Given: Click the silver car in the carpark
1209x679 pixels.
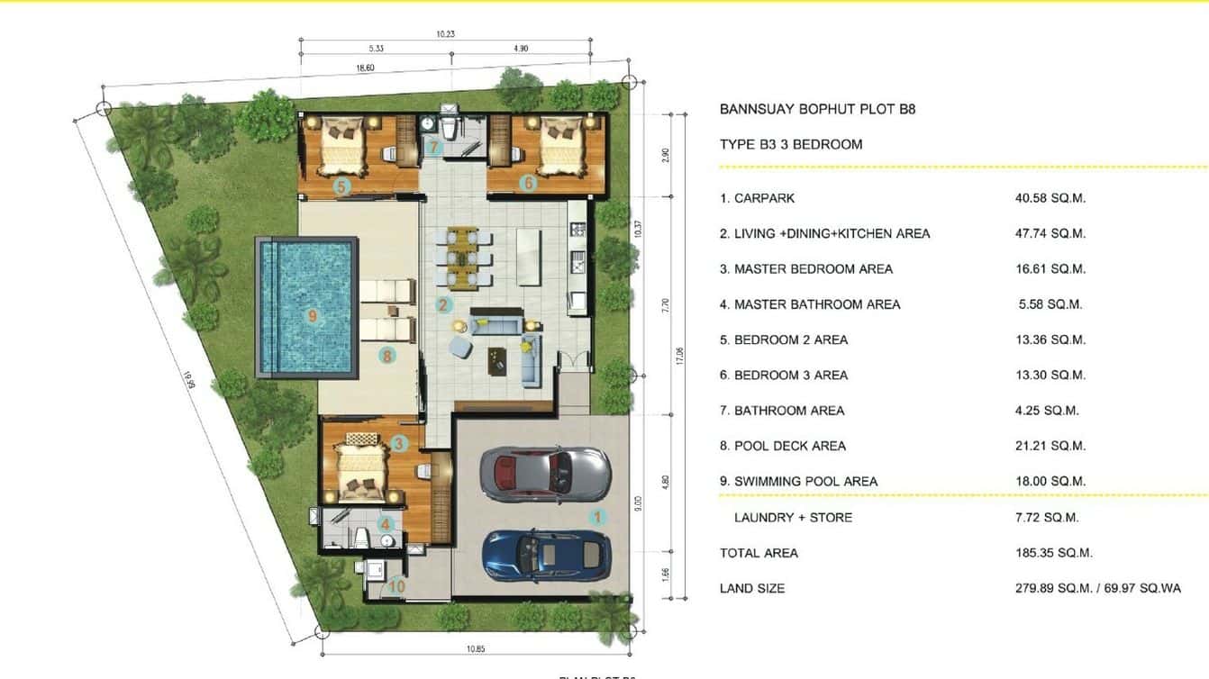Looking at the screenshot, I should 545,474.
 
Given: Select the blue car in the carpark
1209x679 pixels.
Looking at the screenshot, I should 545,553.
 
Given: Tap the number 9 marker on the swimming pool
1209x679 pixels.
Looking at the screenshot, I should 312,316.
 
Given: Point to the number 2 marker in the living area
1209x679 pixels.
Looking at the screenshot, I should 443,304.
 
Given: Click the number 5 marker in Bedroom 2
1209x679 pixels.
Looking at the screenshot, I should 341,186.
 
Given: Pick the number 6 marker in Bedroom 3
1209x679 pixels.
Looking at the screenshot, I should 528,184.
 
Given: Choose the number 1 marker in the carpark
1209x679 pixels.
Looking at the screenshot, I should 595,517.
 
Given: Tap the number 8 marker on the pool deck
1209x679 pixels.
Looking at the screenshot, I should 386,356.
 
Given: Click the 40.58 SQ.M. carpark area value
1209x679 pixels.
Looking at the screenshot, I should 1050,198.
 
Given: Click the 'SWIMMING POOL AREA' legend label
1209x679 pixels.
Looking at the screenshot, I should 805,482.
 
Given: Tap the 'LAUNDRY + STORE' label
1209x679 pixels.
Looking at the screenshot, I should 793,518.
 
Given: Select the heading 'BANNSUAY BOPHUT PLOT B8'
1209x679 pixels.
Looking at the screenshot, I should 817,110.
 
